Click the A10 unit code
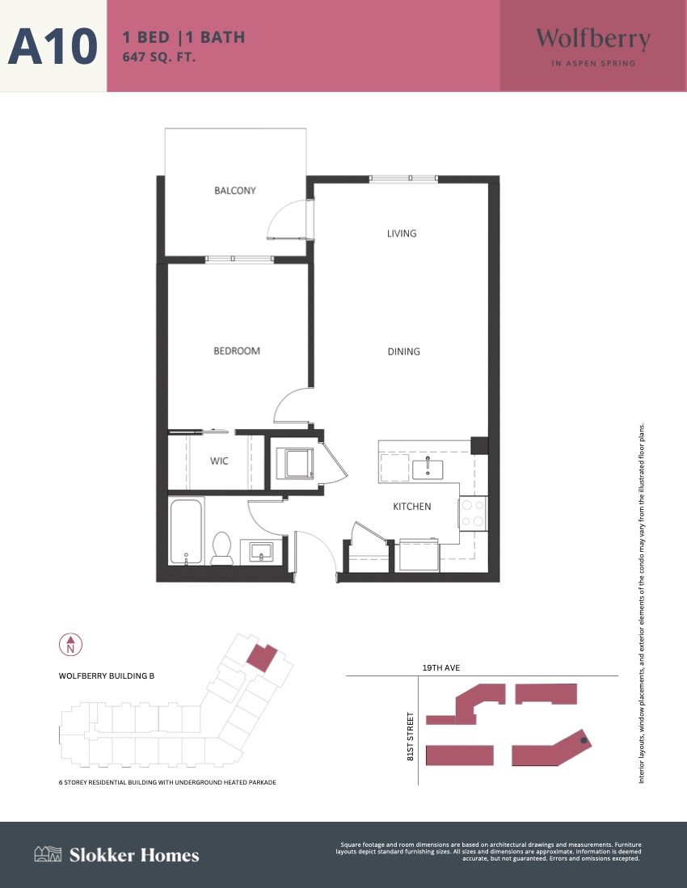tap(53, 46)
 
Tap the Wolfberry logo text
tap(593, 40)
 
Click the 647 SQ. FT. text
tap(159, 57)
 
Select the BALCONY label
tap(235, 191)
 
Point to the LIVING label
tap(402, 234)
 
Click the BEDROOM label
tap(237, 351)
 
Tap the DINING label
tap(404, 351)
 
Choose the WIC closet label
tap(219, 461)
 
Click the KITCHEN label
tap(411, 507)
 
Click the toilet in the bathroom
tap(221, 548)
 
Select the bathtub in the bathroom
tap(186, 531)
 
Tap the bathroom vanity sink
tap(261, 552)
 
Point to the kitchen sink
tap(428, 469)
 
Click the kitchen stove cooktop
tap(473, 513)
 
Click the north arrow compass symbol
tap(71, 645)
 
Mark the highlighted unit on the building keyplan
tap(262, 658)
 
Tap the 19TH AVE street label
tap(441, 667)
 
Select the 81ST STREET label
tap(411, 736)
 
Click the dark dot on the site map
tap(584, 740)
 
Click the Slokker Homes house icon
tap(48, 854)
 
